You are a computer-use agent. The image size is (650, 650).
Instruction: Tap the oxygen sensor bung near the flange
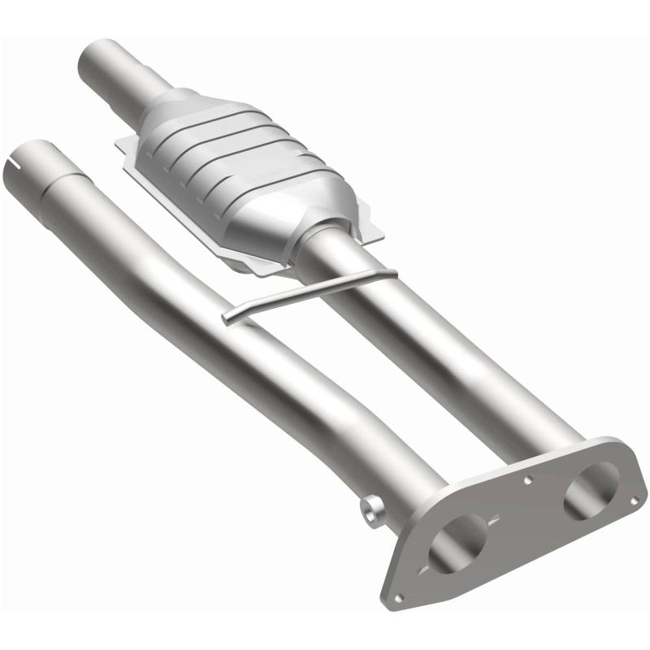click(x=373, y=511)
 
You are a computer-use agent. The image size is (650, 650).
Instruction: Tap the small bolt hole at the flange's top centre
click(x=527, y=481)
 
